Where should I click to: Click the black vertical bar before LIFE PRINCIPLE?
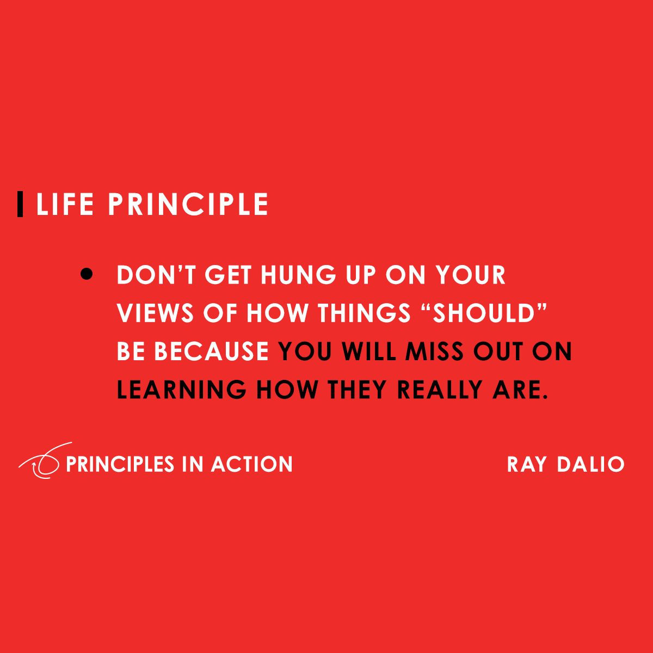[20, 204]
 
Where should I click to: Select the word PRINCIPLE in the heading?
[188, 205]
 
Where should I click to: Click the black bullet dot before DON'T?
[87, 274]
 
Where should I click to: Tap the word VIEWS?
[156, 313]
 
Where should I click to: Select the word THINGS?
[364, 313]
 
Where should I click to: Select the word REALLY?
[440, 390]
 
